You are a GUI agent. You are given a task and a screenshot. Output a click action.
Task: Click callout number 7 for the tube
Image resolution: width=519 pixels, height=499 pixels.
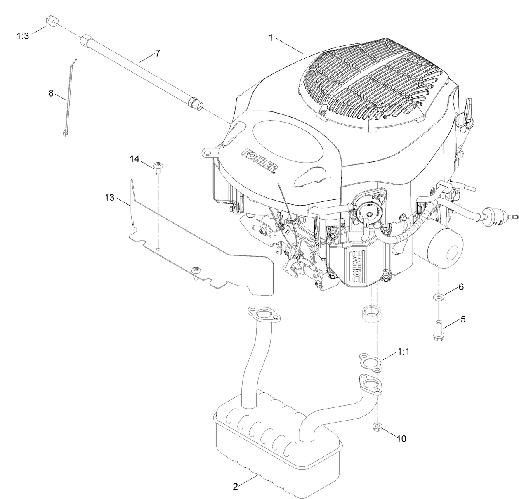coord(157,53)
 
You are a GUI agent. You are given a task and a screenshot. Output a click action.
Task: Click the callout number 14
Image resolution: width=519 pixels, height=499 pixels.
coord(135,158)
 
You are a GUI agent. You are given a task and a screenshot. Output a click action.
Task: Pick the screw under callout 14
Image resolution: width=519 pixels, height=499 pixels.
coord(158,166)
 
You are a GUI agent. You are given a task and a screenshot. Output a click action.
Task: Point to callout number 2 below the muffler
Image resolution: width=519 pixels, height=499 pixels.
coord(235,487)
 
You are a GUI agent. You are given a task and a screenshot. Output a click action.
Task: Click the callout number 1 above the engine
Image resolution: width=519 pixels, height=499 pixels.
coord(271,38)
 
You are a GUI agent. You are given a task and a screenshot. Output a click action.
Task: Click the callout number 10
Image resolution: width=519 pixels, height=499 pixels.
coord(401,439)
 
